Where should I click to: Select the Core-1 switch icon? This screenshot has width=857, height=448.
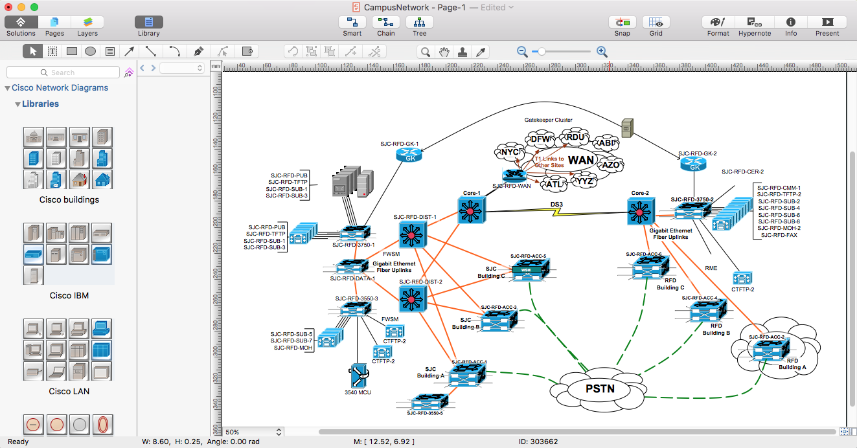tap(471, 210)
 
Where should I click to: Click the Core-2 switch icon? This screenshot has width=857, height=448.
tap(640, 211)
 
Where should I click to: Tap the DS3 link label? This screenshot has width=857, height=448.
tap(556, 205)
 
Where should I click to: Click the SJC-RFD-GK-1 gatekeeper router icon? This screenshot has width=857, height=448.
tap(409, 155)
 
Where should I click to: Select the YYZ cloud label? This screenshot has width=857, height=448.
tap(584, 181)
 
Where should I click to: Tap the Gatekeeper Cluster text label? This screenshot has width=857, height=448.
tap(548, 120)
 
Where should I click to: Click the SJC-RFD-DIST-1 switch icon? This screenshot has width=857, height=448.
tap(412, 235)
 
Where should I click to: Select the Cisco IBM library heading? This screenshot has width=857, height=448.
tap(69, 295)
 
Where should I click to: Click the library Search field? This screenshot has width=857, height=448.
tap(63, 73)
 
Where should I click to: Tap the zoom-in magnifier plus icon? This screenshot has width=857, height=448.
tap(602, 52)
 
